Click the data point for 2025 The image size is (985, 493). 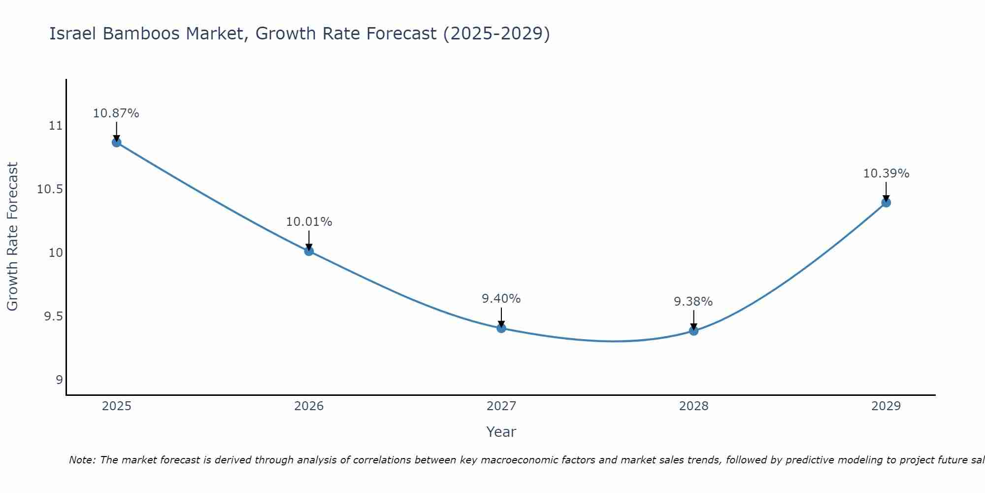click(117, 142)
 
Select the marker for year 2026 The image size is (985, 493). click(309, 251)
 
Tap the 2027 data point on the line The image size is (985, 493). click(501, 328)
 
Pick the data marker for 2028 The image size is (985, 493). click(693, 330)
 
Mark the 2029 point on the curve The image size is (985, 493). click(886, 202)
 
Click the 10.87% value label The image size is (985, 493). click(116, 113)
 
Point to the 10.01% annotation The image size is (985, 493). click(309, 222)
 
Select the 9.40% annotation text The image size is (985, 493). click(501, 299)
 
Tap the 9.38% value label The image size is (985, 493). click(693, 302)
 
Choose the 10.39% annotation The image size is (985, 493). click(886, 174)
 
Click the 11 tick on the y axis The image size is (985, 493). click(56, 126)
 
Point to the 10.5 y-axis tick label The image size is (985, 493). click(50, 189)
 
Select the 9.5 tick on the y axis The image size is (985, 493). click(53, 317)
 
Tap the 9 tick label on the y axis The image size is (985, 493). click(59, 380)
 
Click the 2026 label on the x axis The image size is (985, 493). click(309, 406)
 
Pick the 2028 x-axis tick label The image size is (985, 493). click(693, 406)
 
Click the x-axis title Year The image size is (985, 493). click(501, 432)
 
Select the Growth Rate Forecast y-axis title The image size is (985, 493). click(12, 237)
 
